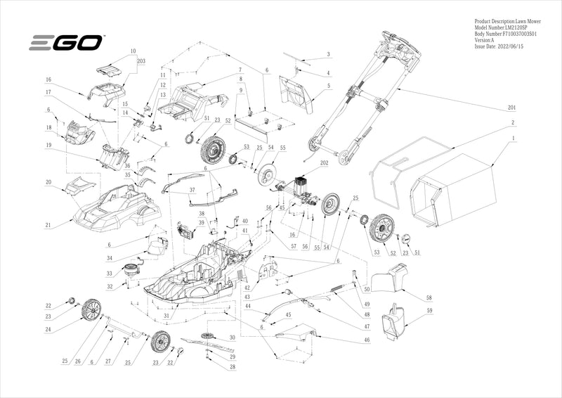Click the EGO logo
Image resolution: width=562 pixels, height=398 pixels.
pyautogui.click(x=66, y=43)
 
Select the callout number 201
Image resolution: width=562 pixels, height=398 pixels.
pyautogui.click(x=511, y=108)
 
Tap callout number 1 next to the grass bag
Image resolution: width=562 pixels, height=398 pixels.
pyautogui.click(x=514, y=138)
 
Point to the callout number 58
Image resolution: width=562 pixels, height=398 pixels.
pyautogui.click(x=429, y=298)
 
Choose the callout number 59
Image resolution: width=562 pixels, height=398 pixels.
pyautogui.click(x=429, y=311)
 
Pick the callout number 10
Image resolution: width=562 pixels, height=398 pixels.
pyautogui.click(x=133, y=51)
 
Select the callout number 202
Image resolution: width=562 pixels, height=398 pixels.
pyautogui.click(x=324, y=163)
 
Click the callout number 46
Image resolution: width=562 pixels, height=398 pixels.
pyautogui.click(x=366, y=340)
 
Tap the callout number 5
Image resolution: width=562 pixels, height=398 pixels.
pyautogui.click(x=328, y=86)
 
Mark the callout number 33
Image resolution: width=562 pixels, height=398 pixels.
pyautogui.click(x=109, y=273)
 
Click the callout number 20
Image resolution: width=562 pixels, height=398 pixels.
pyautogui.click(x=48, y=182)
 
